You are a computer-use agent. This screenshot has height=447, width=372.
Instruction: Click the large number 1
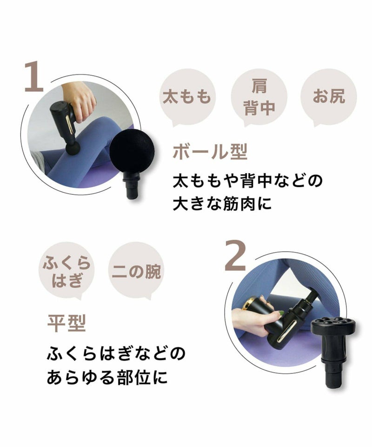click(34, 77)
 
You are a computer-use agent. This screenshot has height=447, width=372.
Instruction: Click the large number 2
click(235, 255)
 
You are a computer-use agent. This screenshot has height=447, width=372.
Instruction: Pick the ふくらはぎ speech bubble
click(67, 271)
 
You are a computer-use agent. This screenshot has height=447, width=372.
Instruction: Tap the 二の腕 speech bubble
click(137, 271)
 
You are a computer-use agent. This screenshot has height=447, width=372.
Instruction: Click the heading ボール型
click(210, 152)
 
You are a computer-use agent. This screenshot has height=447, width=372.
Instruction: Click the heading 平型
click(66, 324)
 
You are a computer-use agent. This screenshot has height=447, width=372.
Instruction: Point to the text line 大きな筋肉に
click(222, 204)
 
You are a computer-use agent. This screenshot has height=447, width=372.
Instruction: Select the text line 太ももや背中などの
click(248, 181)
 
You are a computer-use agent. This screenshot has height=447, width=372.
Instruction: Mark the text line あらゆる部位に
click(107, 377)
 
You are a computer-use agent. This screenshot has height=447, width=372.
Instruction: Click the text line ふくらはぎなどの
click(116, 353)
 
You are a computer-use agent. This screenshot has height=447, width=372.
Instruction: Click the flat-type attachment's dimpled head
click(333, 327)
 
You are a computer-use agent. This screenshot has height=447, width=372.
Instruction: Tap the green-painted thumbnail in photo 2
click(281, 313)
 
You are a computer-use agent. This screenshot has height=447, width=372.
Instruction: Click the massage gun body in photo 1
click(64, 122)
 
